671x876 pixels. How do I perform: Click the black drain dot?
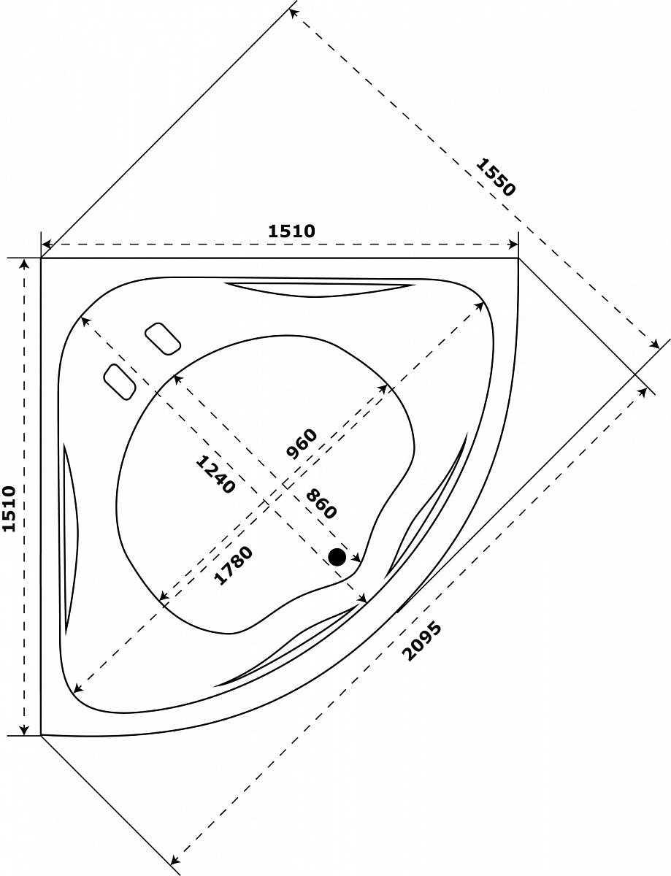point(337,557)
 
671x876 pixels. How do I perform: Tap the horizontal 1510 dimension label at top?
point(291,231)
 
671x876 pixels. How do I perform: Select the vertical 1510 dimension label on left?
point(9,509)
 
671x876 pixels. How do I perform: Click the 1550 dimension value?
point(496,177)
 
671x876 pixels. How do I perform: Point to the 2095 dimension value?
point(422,641)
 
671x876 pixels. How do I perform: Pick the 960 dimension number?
point(302,444)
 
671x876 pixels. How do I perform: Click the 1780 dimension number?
point(233,565)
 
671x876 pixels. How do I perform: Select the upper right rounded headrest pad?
point(163,339)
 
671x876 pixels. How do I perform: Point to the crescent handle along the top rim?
point(319,288)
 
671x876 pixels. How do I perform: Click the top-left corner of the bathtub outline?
point(42,258)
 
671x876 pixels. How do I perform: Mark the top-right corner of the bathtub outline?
point(518,258)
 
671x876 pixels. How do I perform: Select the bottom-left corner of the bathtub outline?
point(42,734)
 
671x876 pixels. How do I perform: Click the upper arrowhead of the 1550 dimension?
point(293,12)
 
